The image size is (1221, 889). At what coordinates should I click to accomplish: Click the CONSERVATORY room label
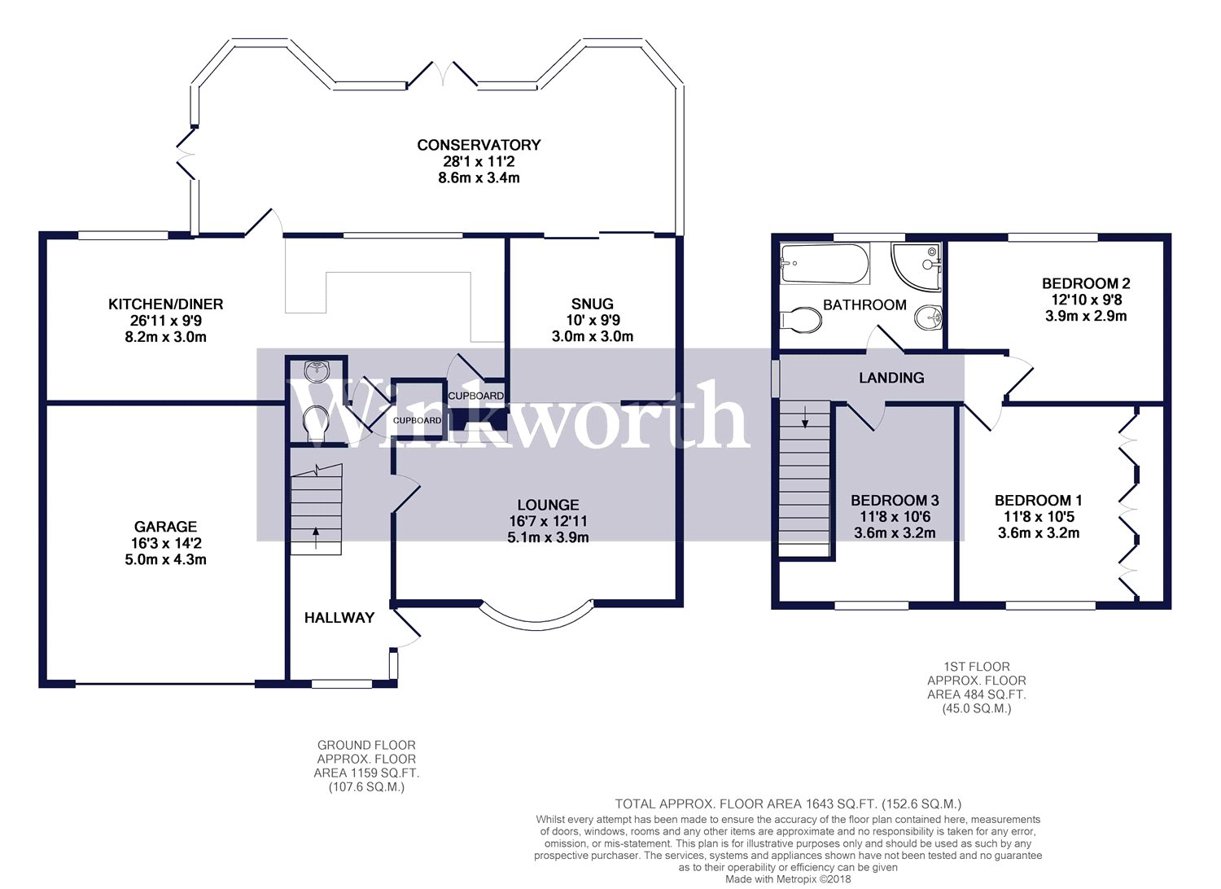(x=479, y=145)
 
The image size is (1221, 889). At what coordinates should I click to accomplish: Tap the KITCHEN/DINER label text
(x=165, y=304)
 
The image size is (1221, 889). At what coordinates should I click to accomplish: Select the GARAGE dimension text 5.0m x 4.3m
(x=165, y=560)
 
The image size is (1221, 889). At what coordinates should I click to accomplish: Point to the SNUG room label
(x=592, y=304)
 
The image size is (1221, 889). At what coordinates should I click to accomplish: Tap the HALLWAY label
(x=339, y=618)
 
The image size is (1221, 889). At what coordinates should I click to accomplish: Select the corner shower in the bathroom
(x=917, y=265)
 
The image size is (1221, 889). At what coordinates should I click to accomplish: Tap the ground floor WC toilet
(x=315, y=423)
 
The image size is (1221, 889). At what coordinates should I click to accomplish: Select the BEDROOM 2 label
(x=1086, y=284)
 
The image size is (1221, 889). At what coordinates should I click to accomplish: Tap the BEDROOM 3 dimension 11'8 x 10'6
(x=895, y=517)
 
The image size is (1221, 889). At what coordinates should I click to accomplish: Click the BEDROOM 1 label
(x=1038, y=501)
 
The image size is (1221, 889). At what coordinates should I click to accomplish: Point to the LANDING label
(x=891, y=378)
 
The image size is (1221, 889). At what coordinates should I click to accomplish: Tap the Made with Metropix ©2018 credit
(x=787, y=879)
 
